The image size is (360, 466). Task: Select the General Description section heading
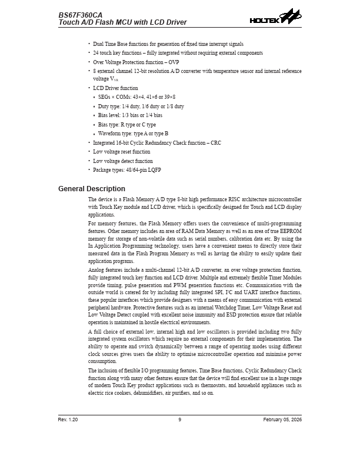point(92,189)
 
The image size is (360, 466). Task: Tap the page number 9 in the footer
point(179,420)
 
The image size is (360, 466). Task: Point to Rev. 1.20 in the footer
point(68,420)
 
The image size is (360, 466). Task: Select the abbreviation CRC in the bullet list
point(215,143)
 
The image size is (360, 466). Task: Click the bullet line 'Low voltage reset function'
point(121,152)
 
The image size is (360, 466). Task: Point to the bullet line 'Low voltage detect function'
point(122,161)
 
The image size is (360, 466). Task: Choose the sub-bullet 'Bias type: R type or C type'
point(126,125)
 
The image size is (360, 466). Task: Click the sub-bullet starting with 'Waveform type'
point(133,134)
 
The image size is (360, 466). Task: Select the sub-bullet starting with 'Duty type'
point(141,106)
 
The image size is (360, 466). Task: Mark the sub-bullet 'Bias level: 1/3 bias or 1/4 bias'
point(130,115)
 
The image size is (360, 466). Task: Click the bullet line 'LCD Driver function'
point(115,88)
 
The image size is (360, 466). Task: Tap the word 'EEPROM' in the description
point(289,232)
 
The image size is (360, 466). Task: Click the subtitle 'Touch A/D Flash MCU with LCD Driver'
point(122,22)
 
